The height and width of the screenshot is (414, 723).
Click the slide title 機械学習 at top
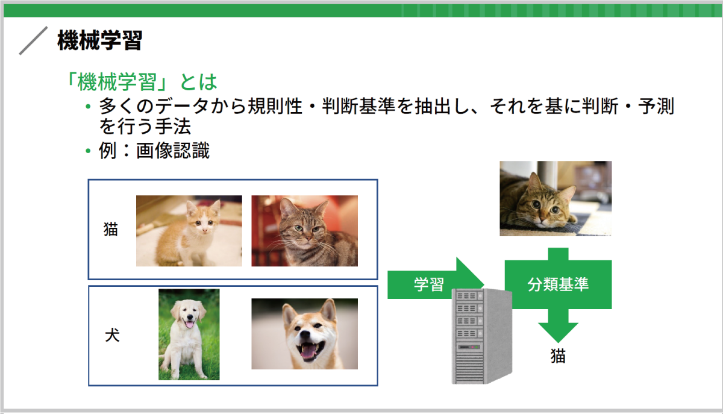100,40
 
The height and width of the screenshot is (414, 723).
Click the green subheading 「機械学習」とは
142,82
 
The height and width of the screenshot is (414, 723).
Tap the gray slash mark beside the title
33,41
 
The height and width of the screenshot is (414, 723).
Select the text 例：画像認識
154,151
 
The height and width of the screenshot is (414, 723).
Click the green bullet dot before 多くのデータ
88,106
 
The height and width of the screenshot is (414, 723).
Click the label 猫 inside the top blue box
111,230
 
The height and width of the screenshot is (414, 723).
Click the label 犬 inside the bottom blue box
112,335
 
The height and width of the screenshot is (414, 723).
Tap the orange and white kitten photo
189,231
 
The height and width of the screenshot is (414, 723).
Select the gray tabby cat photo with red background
305,231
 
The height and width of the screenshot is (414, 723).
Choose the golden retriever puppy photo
189,334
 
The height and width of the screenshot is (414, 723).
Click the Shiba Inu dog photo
305,334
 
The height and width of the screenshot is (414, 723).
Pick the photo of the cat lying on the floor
556,199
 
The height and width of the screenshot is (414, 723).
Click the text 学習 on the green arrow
429,284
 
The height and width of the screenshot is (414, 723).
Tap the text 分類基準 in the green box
558,284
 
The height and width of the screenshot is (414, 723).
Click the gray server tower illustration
481,336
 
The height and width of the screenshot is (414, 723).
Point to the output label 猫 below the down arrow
558,356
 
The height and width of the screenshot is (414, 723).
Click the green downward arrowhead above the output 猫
558,332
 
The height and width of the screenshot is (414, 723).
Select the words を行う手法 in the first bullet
145,127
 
